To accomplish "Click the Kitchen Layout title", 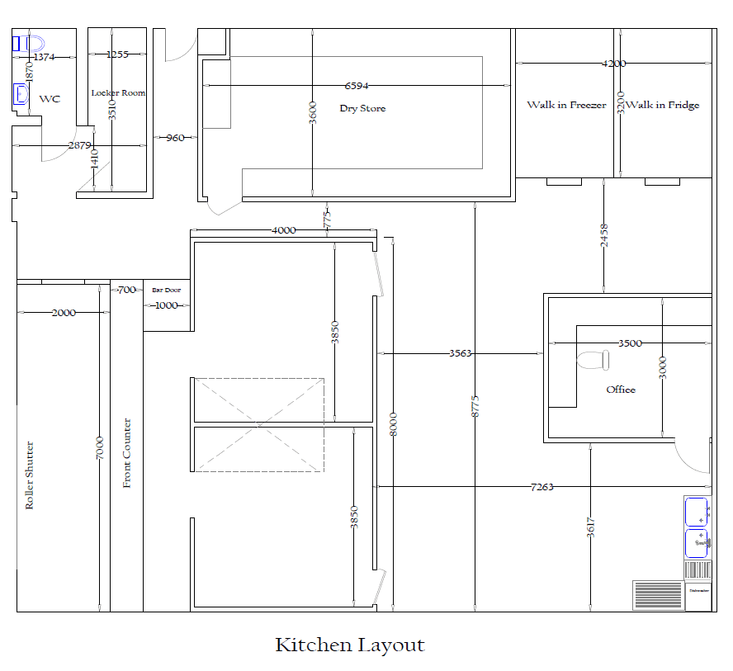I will pos(349,645).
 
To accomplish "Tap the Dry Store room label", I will pos(362,108).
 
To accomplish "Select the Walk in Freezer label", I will pos(566,105).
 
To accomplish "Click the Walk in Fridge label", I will pos(662,105).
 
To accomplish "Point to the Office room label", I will pos(621,390).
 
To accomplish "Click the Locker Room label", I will pos(118,93).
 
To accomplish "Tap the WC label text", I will pos(50,99).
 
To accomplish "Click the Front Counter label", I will pos(127,453).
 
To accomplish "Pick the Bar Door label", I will pos(166,290).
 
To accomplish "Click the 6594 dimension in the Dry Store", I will pos(357,86).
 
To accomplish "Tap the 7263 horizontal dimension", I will pos(541,487).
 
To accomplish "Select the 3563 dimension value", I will pos(460,353).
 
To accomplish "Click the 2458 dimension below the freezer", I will pos(603,236).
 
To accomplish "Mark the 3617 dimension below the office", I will pos(591,527).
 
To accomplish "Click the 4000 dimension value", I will pos(283,230).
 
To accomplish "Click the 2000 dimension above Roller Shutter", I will pos(63,313).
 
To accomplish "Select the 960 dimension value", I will pos(175,138).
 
